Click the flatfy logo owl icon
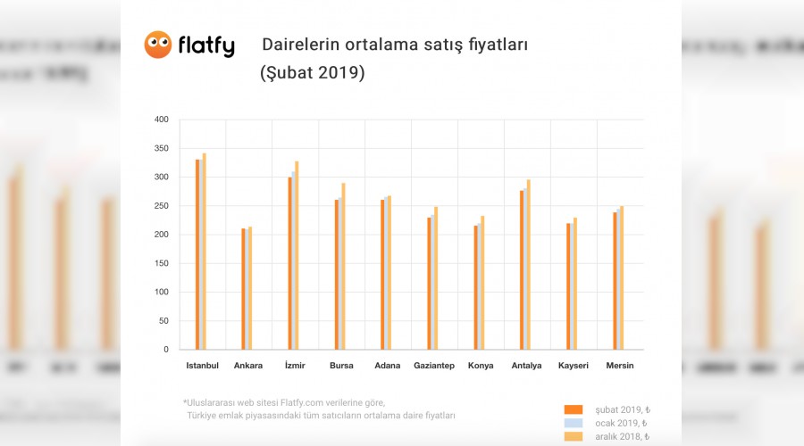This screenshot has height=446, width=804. coord(158,45)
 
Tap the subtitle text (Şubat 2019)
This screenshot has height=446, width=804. coord(312,73)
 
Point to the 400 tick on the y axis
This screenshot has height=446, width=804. coord(161,120)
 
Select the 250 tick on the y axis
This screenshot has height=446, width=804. coord(161,206)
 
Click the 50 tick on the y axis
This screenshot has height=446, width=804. coord(163,321)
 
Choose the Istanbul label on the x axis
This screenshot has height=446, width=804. coord(202,366)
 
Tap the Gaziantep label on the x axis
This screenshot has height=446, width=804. coord(434,366)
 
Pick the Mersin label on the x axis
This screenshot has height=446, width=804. coord(620,366)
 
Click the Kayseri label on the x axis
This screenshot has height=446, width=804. coord(573,366)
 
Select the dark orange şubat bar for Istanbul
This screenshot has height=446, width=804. coord(197,254)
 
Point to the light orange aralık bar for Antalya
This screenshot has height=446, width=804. coord(528,264)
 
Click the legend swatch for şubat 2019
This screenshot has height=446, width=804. coord(574,409)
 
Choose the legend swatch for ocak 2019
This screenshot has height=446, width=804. coord(574,423)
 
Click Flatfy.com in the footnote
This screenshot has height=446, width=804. coord(302,402)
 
